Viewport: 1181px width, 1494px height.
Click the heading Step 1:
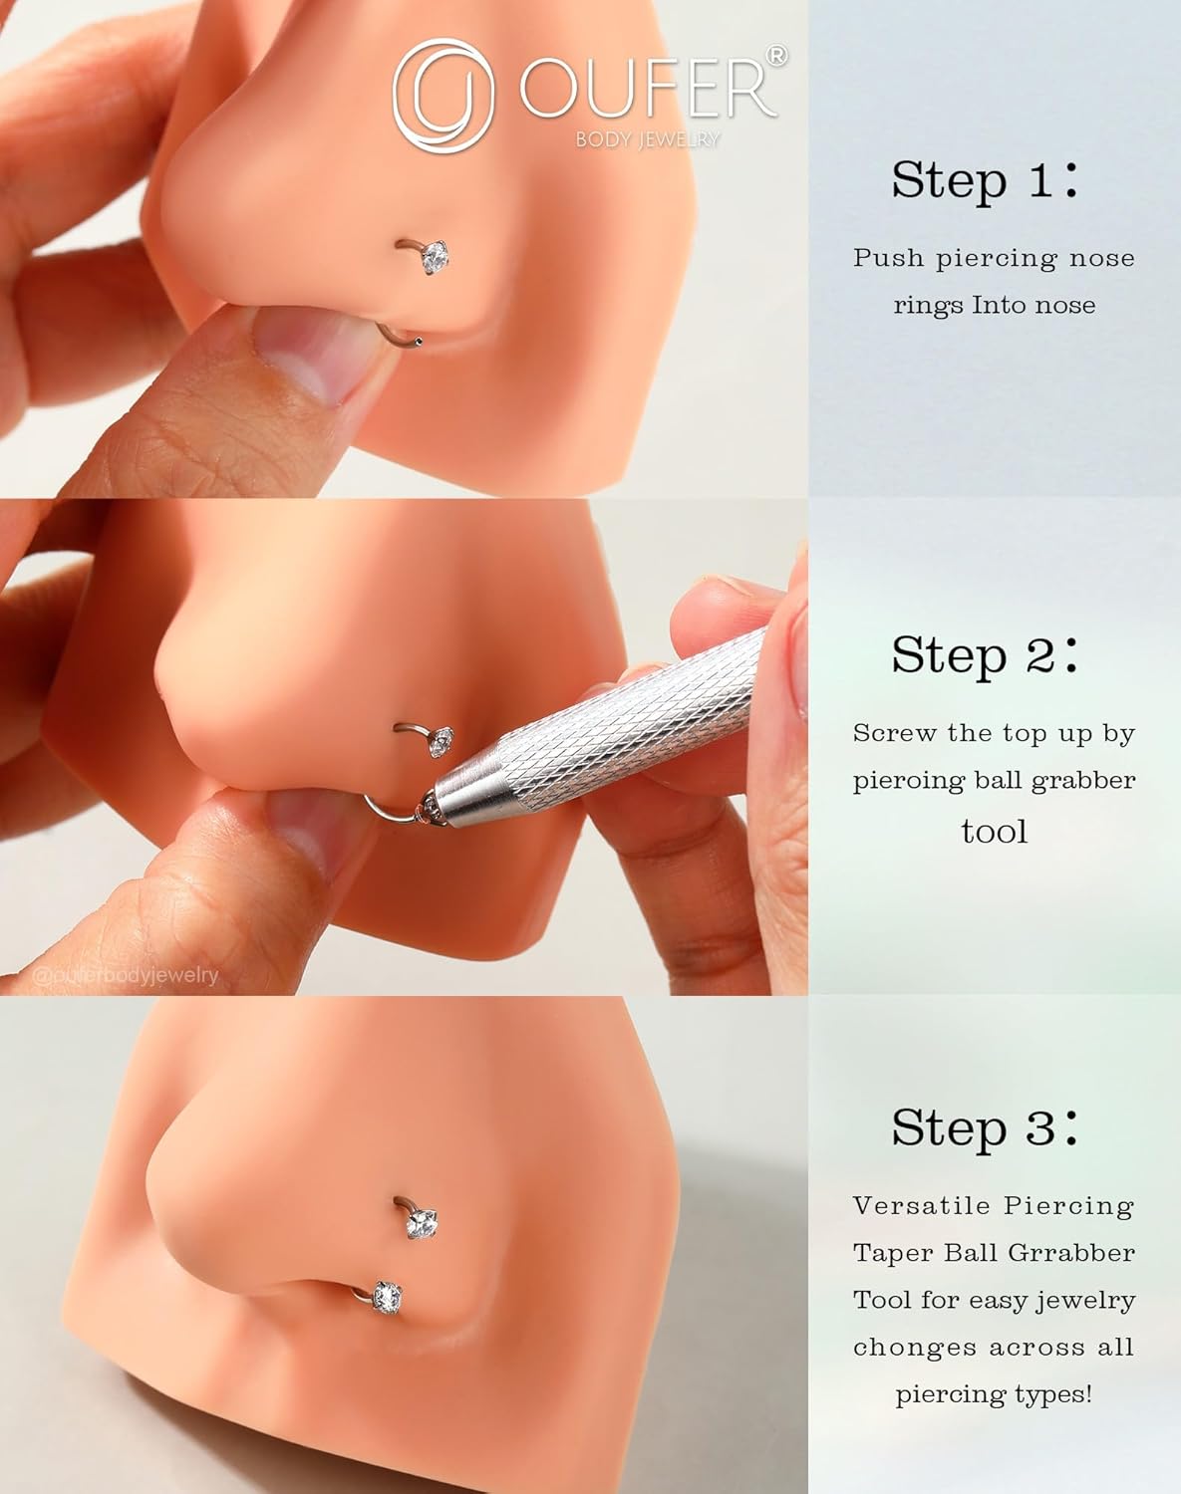pyautogui.click(x=984, y=179)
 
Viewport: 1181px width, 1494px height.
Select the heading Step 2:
pyautogui.click(x=984, y=654)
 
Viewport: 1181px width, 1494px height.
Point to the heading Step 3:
pyautogui.click(x=984, y=1127)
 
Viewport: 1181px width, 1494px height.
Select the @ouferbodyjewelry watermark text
pyautogui.click(x=125, y=976)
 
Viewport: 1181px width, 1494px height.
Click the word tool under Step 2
pyautogui.click(x=994, y=831)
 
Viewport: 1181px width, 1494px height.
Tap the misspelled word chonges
pyautogui.click(x=914, y=1348)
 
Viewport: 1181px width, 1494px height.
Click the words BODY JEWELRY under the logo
pyautogui.click(x=648, y=139)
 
